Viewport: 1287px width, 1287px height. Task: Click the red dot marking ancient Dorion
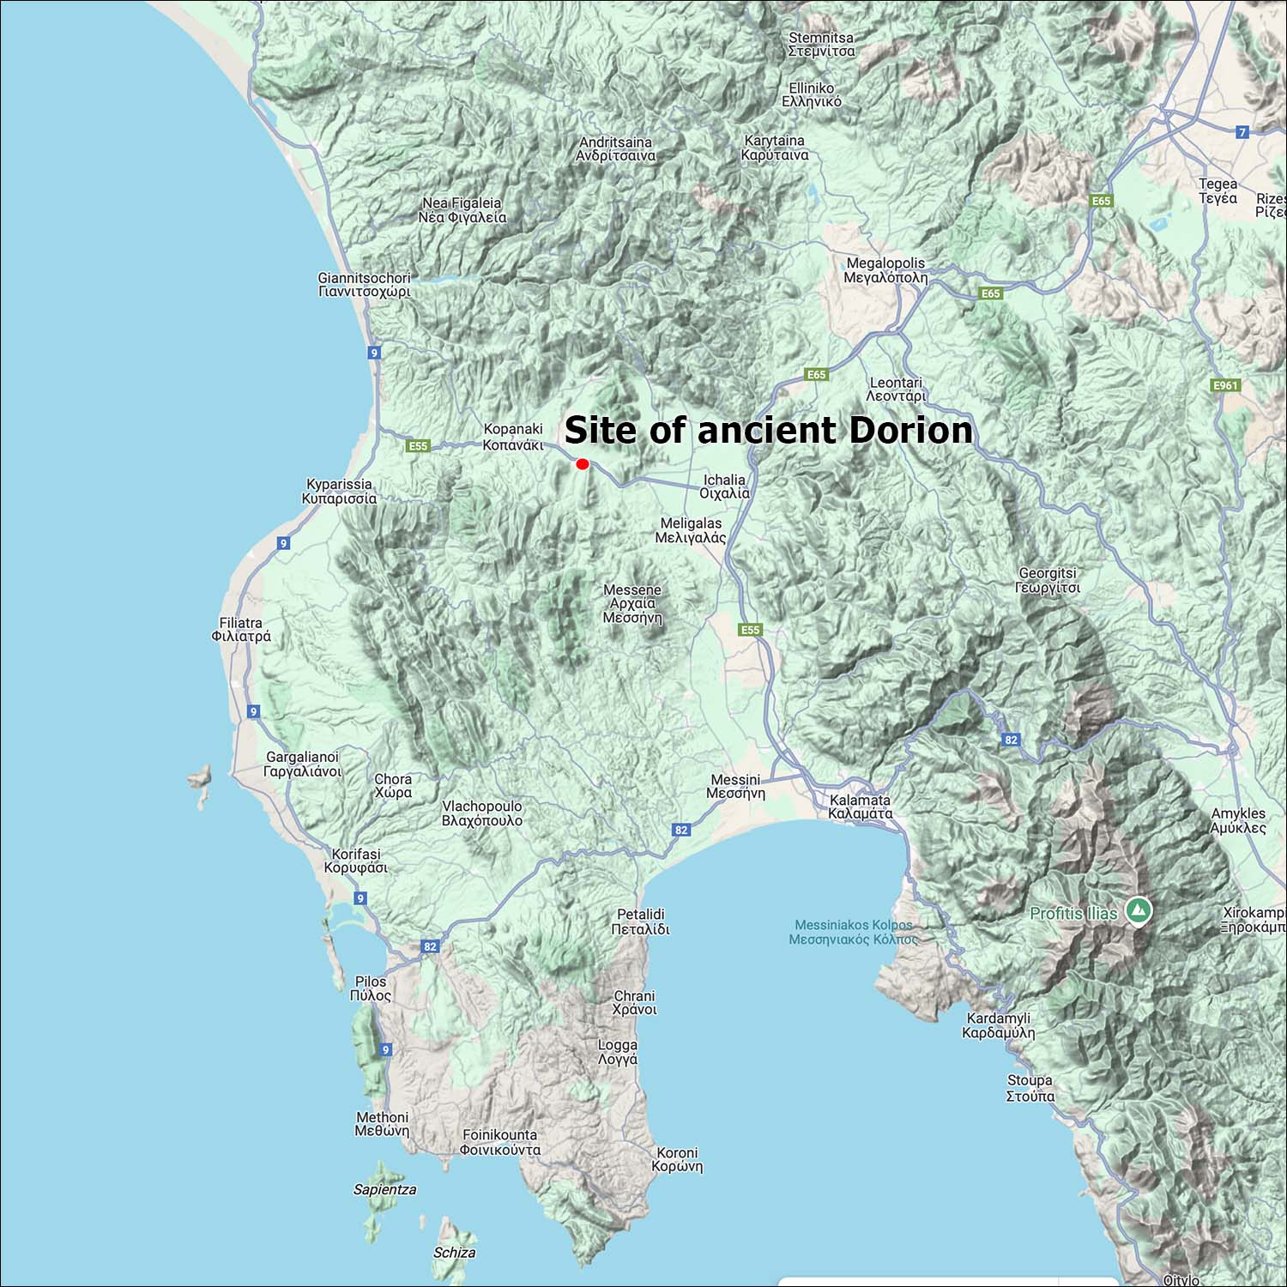(583, 464)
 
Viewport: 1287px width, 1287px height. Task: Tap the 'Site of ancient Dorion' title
(769, 430)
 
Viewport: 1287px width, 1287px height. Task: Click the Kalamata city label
(861, 807)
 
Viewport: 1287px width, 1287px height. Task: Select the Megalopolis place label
(885, 270)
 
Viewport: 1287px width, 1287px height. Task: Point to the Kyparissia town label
(339, 491)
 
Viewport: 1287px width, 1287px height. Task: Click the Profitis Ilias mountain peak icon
(1139, 910)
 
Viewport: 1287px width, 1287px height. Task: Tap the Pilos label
(371, 988)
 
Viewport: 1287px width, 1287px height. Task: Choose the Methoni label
(382, 1124)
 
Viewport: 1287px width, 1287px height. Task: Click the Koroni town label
(677, 1159)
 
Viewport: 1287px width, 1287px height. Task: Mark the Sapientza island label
(385, 1189)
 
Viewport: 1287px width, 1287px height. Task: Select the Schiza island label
(454, 1253)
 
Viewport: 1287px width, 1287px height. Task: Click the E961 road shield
(1225, 385)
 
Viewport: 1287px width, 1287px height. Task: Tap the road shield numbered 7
(1242, 132)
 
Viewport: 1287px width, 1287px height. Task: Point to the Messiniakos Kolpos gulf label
(854, 932)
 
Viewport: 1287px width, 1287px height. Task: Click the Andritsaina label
(616, 149)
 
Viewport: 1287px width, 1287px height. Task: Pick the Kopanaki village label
(513, 437)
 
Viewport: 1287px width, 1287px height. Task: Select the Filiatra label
(241, 630)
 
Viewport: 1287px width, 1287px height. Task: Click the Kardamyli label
(998, 1025)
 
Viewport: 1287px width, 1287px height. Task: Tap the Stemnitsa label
(821, 45)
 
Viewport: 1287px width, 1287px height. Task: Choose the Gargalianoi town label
(302, 764)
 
